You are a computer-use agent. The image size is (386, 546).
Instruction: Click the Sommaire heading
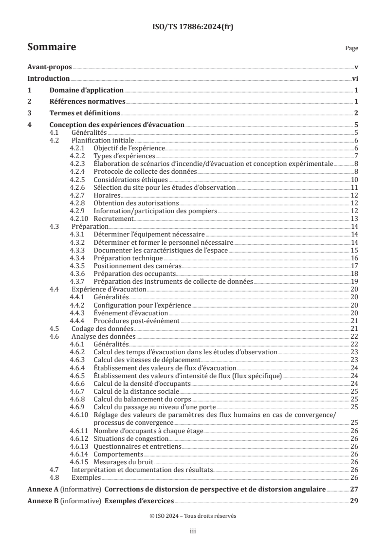pos(52,47)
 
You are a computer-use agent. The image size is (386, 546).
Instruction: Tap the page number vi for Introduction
pos(355,79)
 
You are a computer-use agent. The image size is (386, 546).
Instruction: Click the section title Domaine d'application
pos(86,90)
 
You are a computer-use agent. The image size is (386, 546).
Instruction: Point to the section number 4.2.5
pos(78,180)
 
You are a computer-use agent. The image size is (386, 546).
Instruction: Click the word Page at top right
pos(351,49)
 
